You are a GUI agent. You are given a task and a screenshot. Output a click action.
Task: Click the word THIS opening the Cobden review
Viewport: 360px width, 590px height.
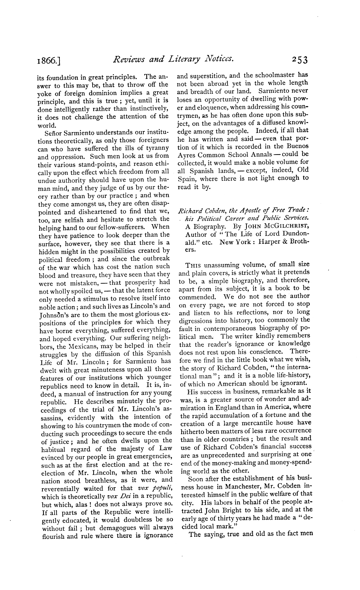click(194, 265)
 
